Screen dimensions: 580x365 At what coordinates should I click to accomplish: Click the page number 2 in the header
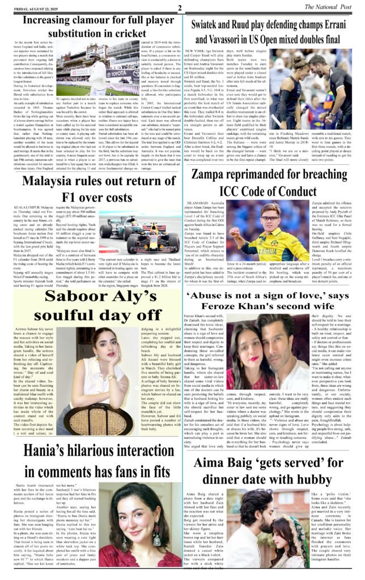tap(179, 7)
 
